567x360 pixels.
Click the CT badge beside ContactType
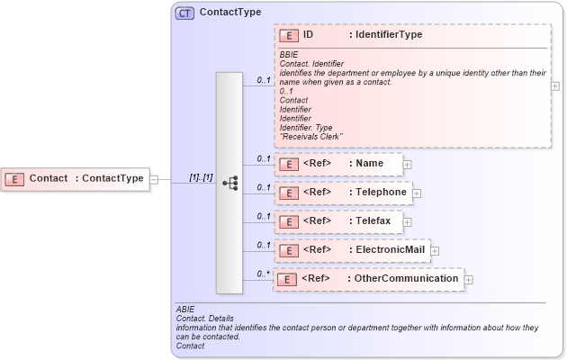(184, 13)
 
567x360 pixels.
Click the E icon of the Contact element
(14, 178)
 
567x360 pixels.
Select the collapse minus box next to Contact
(154, 179)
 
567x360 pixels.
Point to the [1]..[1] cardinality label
(201, 178)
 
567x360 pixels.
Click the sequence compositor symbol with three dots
(229, 183)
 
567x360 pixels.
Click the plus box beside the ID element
(555, 86)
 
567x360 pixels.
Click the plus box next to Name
(408, 165)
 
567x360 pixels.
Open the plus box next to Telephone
(417, 193)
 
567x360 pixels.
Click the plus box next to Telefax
(408, 221)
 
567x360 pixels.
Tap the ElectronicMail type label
(386, 249)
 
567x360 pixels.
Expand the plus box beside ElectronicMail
(435, 250)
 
